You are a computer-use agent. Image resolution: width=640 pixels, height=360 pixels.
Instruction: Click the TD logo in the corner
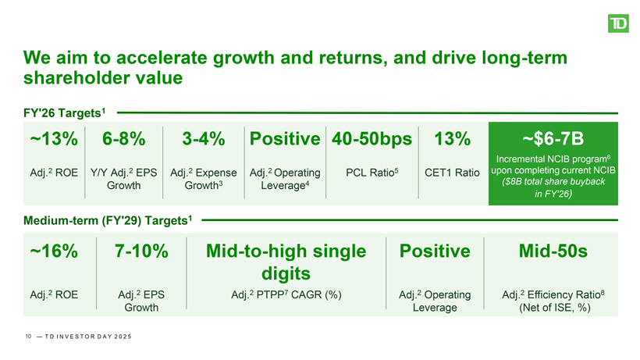click(618, 23)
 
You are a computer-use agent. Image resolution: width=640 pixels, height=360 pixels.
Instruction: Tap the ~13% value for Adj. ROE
click(54, 139)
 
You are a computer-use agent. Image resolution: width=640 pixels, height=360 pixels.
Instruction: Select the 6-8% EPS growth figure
click(123, 139)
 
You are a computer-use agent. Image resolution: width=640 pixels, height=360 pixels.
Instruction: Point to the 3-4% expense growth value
click(203, 139)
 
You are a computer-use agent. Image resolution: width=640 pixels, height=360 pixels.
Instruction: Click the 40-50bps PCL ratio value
click(372, 139)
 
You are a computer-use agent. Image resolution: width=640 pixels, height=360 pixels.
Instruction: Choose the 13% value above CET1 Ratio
click(452, 139)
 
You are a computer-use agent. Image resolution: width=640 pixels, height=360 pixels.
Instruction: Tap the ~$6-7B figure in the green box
click(553, 139)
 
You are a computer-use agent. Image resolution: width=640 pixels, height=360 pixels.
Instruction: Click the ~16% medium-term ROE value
click(54, 251)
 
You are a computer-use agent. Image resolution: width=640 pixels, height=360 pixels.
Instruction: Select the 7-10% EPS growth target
click(141, 251)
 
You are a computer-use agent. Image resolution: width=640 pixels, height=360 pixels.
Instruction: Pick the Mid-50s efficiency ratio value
click(553, 251)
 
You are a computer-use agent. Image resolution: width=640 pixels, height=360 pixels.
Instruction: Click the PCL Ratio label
click(372, 173)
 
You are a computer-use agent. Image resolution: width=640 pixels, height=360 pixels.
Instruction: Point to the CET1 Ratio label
click(452, 173)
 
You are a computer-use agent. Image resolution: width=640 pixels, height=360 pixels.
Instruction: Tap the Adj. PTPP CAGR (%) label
click(286, 294)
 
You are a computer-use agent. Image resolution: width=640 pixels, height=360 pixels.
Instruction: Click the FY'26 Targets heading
click(64, 112)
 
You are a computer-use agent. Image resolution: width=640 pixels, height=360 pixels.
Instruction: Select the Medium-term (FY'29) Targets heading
click(108, 220)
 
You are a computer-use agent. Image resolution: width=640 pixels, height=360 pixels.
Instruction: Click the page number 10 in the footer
click(28, 337)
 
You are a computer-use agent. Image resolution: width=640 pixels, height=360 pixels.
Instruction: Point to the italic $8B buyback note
click(553, 187)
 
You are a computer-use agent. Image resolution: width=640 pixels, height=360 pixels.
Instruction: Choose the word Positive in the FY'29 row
click(435, 251)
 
